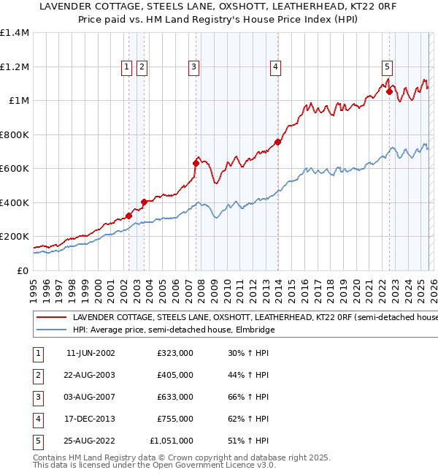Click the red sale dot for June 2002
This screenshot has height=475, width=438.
point(128,216)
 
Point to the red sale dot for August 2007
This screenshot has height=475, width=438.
point(196,163)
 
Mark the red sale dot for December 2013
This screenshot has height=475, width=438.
point(278,142)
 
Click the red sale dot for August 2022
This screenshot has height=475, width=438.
point(390,92)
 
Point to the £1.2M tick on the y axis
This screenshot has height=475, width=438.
point(15,66)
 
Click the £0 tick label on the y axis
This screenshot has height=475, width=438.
point(22,270)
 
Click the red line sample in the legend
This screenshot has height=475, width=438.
point(51,318)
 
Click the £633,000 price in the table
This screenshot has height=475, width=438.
point(175,397)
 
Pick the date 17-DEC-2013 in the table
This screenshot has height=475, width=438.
point(91,419)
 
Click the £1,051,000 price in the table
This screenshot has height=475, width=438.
point(170,441)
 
